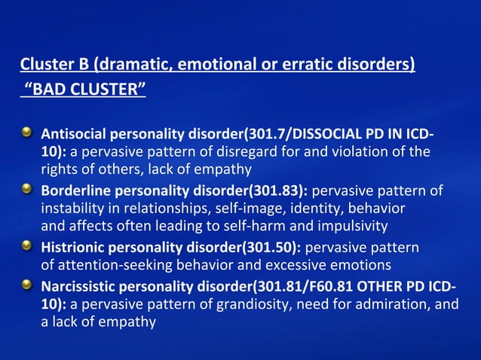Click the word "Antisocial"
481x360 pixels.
pyautogui.click(x=74, y=135)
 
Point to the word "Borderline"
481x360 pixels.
pyautogui.click(x=75, y=191)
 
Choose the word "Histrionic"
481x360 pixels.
pyautogui.click(x=73, y=247)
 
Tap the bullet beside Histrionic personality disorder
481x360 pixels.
pyautogui.click(x=27, y=246)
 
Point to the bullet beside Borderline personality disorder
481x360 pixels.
pyautogui.click(x=27, y=190)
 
